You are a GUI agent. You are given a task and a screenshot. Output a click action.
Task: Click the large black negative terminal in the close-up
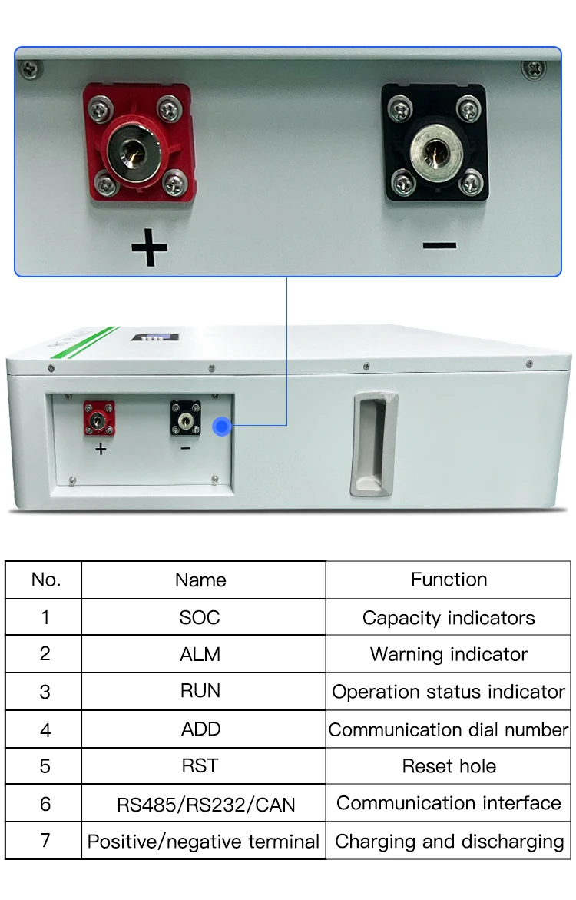coord(434,144)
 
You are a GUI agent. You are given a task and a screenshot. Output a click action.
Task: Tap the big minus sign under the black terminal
coord(439,246)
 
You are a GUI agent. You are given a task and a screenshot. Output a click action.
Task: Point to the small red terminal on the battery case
coord(99,417)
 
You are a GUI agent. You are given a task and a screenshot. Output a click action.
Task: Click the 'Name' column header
coord(200,580)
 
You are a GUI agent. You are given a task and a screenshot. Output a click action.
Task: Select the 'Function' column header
coord(449,580)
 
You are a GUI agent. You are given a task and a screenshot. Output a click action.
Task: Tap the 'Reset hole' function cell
coord(449,766)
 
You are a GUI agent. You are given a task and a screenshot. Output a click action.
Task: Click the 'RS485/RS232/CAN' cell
coord(204,805)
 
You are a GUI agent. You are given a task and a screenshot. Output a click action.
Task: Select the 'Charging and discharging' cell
coord(449,841)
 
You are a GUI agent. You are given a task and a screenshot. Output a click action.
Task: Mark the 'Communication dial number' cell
coord(449,729)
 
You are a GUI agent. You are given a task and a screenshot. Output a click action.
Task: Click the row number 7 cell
coord(45,840)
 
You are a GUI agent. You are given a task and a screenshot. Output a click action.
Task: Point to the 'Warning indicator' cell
coord(449,654)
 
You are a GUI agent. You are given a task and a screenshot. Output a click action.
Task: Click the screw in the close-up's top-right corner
coord(534,69)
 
